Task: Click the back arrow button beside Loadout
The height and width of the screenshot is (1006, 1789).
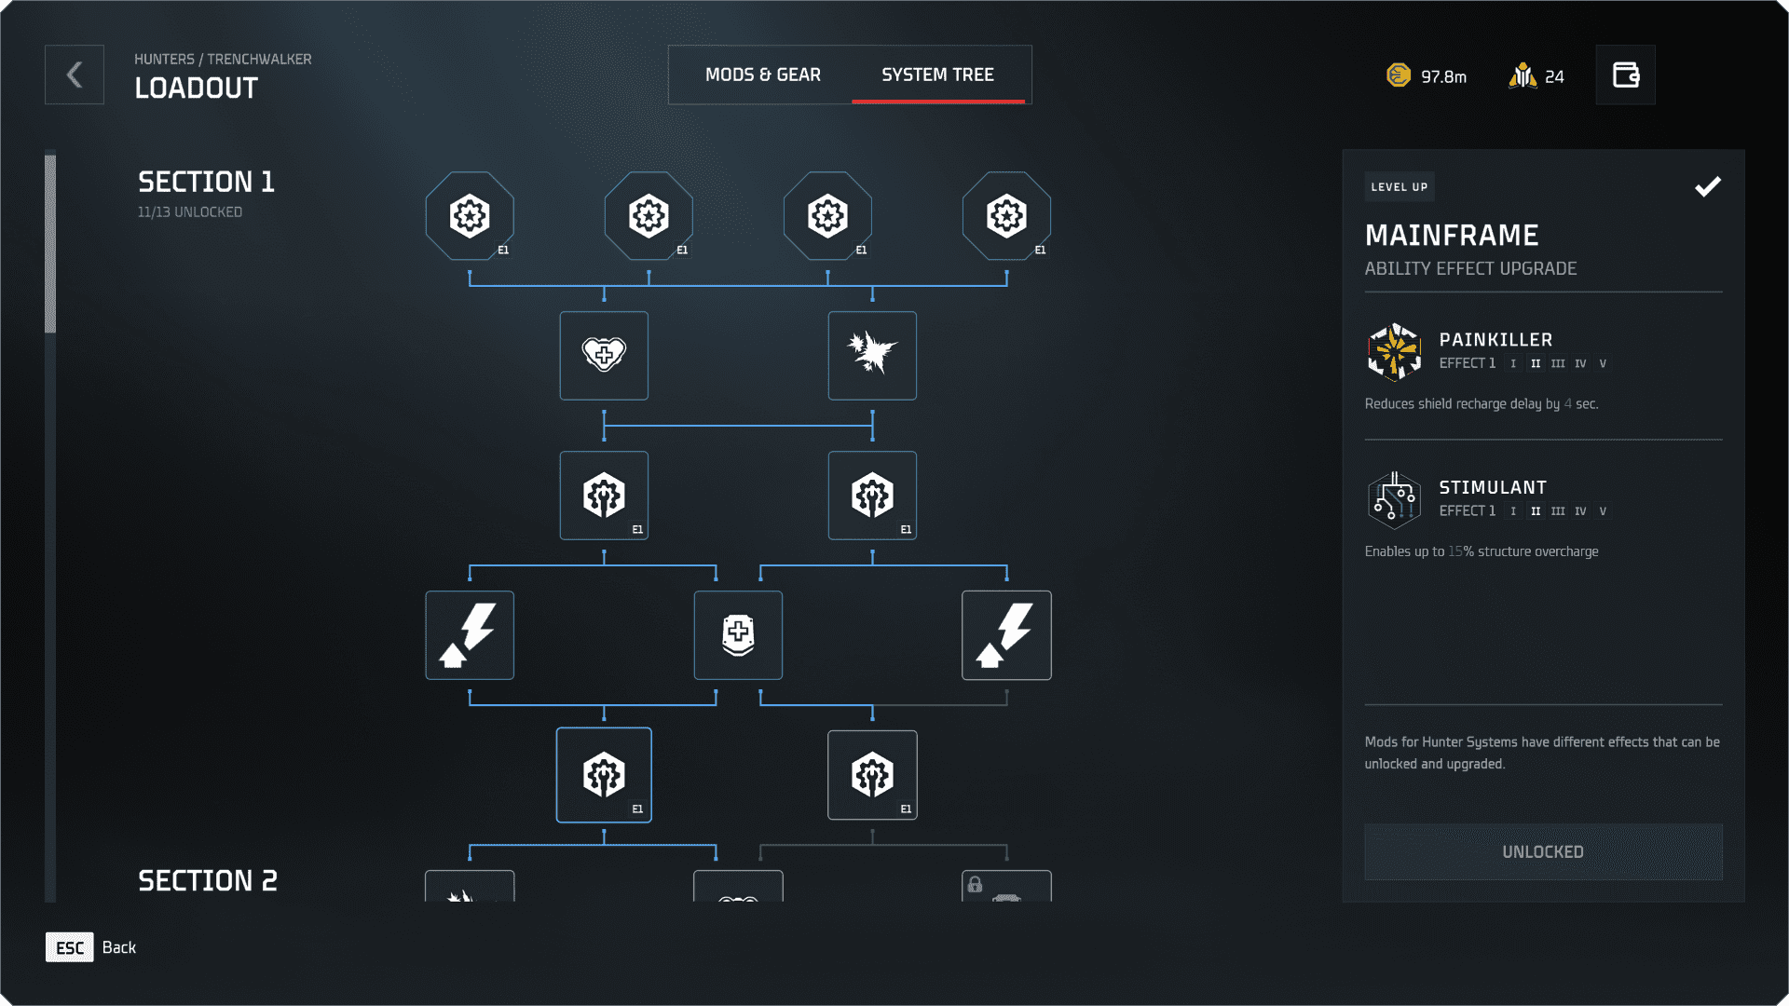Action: pos(75,75)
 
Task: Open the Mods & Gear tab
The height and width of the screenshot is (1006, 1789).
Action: pos(762,75)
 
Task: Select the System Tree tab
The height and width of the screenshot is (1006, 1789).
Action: pos(937,75)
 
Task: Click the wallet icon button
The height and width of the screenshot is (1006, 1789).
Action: pos(1625,75)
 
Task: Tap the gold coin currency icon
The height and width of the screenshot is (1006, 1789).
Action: pos(1399,75)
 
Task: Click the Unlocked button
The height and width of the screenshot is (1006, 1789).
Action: pos(1543,851)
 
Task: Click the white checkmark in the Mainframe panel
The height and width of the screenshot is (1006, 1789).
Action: pos(1707,187)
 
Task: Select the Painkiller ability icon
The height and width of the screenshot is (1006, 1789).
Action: pos(1394,351)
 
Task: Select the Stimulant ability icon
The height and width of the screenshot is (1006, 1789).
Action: pos(1394,499)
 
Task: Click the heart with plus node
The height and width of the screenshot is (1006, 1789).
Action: pos(604,356)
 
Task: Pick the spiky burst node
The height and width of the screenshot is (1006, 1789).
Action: pos(872,356)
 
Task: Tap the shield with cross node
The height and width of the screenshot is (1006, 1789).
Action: pos(738,635)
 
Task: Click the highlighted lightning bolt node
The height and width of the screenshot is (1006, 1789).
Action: pos(1006,635)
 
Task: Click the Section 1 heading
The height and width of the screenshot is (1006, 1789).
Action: pos(206,182)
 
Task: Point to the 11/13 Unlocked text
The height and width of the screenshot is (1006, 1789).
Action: pos(190,212)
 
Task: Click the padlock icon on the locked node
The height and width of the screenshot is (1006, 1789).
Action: pos(975,884)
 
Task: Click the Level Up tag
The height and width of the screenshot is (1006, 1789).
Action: pos(1399,187)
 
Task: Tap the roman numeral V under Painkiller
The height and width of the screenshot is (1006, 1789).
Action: pos(1603,364)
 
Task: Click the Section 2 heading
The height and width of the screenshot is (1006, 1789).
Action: pos(207,880)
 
